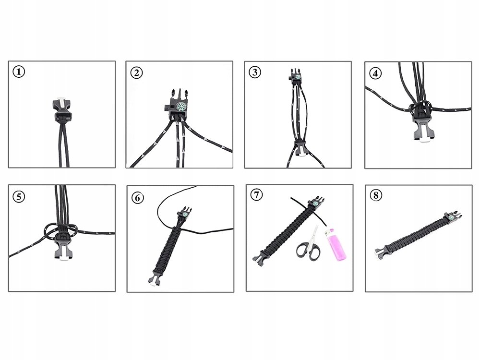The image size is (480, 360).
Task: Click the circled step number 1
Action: [19, 72]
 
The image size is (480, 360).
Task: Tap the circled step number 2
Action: [136, 73]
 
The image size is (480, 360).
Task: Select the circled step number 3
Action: [255, 72]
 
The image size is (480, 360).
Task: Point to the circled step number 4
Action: [375, 73]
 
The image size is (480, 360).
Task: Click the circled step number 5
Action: [19, 196]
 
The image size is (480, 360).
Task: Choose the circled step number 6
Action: [137, 198]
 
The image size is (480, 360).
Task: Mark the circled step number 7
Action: [256, 195]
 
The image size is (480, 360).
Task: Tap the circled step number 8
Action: [376, 195]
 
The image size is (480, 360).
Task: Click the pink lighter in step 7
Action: [337, 245]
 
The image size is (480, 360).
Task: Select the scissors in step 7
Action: [310, 246]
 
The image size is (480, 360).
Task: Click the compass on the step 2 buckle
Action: [181, 106]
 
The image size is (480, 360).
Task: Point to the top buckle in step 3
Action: [295, 75]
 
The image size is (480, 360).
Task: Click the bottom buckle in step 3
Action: [300, 148]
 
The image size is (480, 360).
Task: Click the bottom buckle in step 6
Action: [156, 277]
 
